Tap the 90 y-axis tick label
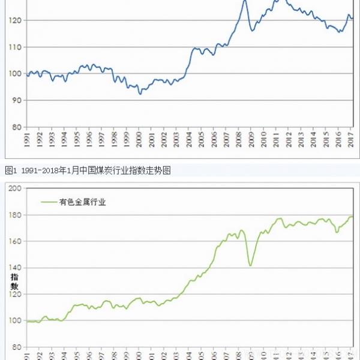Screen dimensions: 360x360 pos(16,100)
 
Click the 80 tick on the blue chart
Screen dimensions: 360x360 pos(16,127)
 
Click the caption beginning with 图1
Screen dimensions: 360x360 pos(88,170)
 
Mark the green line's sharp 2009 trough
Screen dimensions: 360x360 pos(250,265)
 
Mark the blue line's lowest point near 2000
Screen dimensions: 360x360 pos(140,94)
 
